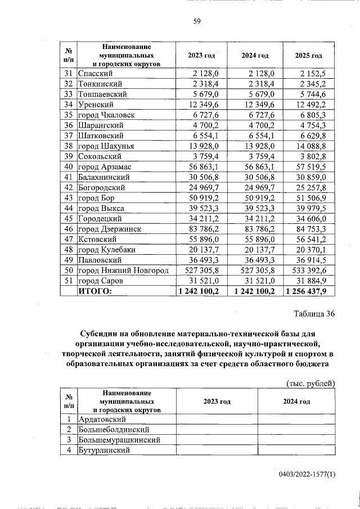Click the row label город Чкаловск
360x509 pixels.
coord(106,115)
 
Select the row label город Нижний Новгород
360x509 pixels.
coord(123,270)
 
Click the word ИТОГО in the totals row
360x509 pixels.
coord(95,291)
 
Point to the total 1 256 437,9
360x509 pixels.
coord(310,291)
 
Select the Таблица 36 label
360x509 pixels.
coord(314,314)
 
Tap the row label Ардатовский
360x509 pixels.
coord(102,419)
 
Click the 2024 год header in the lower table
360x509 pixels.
coord(296,402)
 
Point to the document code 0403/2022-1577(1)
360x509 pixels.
coord(307,474)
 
